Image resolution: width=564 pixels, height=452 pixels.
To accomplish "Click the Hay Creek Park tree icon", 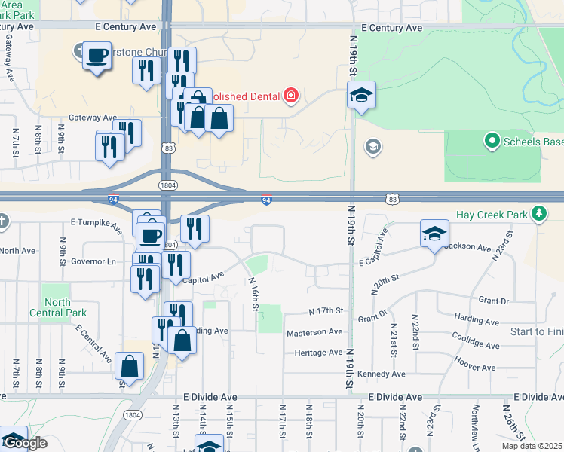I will (538, 215).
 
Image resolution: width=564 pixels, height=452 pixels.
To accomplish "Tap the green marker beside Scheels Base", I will (492, 141).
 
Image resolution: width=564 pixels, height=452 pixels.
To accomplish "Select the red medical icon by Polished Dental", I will (290, 96).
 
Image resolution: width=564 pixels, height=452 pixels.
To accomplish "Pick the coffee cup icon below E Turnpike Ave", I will (151, 234).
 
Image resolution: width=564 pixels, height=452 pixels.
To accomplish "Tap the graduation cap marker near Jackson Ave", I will (434, 234).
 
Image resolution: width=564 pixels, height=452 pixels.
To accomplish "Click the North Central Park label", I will (65, 307).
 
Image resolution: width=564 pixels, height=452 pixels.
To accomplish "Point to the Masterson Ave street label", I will (314, 332).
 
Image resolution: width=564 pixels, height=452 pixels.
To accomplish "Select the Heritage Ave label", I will (318, 353).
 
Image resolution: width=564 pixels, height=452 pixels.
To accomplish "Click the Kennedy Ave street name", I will (382, 374).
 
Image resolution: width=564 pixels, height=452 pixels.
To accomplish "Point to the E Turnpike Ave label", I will (96, 224).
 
